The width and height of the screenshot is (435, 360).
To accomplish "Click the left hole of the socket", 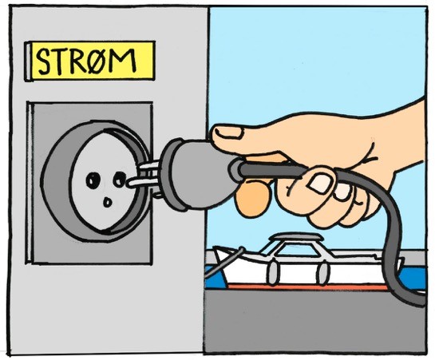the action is coord(93,180).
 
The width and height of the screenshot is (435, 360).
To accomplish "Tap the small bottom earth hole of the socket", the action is coord(108,202).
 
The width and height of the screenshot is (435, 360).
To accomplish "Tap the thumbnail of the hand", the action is coord(228,132).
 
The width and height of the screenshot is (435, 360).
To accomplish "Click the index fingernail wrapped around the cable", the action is coord(320,184).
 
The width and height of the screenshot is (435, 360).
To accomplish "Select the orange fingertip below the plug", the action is coord(253,199).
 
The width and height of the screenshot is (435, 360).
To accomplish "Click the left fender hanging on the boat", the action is coord(273,273).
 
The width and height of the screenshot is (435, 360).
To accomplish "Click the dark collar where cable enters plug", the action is coord(235,170).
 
